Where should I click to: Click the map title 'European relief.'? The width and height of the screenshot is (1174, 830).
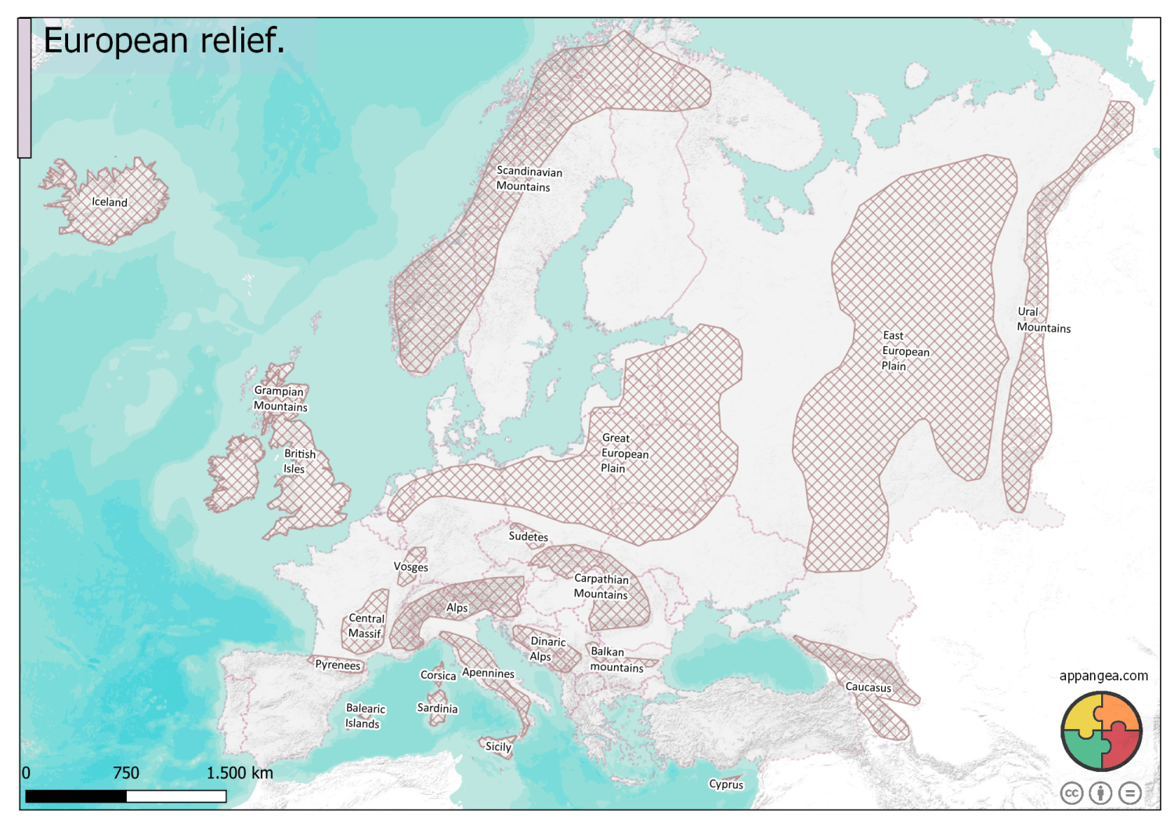point(164,41)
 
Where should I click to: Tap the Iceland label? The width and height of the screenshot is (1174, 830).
point(109,202)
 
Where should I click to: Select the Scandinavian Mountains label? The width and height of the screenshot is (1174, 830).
point(528,179)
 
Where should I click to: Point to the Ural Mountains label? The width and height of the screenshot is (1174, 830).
point(1042,319)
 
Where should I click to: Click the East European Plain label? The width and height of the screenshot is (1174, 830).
point(905,351)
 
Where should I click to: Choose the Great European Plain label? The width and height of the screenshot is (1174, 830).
point(623,453)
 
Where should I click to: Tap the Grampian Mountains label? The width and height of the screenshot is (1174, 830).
point(280,399)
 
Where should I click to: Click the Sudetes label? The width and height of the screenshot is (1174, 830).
point(528,536)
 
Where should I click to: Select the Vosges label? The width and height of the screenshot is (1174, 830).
point(410,567)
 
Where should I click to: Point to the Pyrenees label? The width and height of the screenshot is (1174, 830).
point(338,665)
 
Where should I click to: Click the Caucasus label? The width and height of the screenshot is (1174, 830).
point(868,687)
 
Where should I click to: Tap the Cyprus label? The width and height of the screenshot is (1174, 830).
point(726,784)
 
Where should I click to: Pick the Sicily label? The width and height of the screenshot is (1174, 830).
point(498,746)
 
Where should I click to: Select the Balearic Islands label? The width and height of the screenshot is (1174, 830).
point(364,716)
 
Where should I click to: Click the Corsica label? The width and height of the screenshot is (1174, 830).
point(438,675)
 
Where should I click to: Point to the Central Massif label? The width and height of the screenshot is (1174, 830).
point(365,626)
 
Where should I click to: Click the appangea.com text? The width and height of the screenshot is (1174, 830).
point(1103,676)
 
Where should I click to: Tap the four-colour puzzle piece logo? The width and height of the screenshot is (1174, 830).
point(1100,731)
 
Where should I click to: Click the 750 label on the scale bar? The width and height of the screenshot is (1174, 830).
point(126,773)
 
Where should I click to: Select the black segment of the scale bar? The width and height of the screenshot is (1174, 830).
point(76,796)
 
